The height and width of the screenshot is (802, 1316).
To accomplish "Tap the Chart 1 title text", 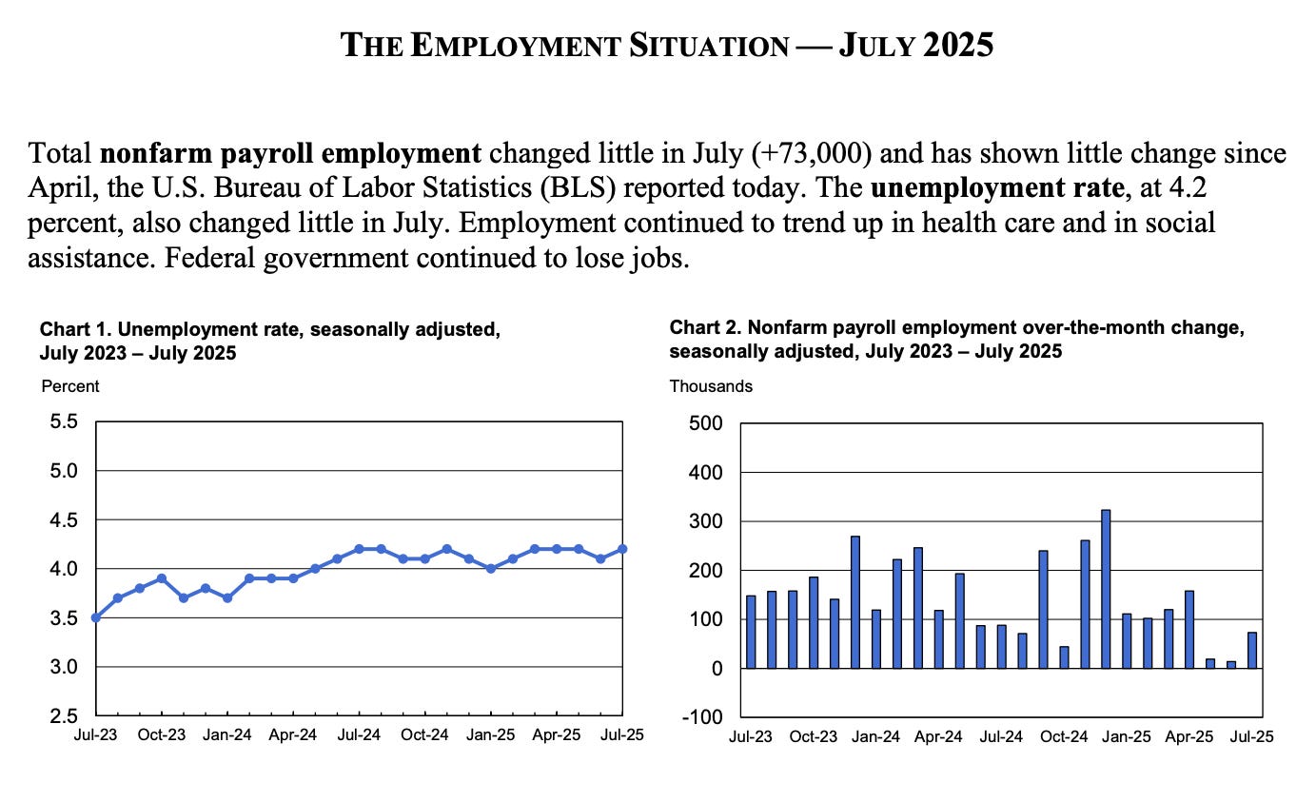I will (269, 341).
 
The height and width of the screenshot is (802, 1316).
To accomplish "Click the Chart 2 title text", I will (956, 340).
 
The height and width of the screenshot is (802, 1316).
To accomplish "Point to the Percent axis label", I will (69, 386).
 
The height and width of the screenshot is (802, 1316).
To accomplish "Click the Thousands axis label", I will (711, 386).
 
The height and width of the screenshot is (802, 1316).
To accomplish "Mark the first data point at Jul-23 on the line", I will (96, 617).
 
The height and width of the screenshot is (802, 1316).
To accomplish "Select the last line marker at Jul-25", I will (622, 549).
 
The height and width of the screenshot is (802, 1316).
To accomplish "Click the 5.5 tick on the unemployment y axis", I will (64, 421).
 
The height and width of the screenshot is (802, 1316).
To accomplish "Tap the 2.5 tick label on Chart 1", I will (64, 716).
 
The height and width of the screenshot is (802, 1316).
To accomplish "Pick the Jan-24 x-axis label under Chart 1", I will (227, 735).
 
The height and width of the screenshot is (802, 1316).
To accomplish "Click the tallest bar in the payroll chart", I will (1106, 589).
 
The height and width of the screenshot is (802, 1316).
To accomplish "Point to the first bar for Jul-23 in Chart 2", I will (751, 632).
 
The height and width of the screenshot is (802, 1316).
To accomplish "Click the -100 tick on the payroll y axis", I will (704, 716).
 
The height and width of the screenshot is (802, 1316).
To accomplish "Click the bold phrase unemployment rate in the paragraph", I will (997, 188).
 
